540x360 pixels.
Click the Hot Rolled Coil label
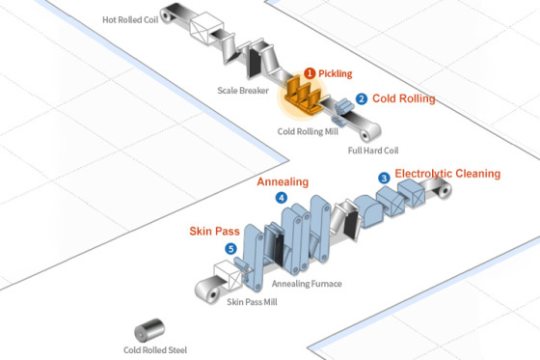click(x=130, y=20)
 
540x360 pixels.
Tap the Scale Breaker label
click(x=243, y=91)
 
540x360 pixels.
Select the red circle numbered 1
click(x=310, y=73)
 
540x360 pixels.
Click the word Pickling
click(x=336, y=73)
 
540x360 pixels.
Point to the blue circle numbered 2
click(x=362, y=99)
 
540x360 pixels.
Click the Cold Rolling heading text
click(x=404, y=98)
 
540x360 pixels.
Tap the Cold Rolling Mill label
click(x=308, y=131)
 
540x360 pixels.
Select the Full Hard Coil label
click(x=373, y=151)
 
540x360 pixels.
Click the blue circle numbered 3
click(x=384, y=178)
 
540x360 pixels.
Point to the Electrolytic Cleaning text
click(x=447, y=174)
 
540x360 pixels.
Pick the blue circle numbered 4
click(x=282, y=198)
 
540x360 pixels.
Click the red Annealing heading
click(x=283, y=182)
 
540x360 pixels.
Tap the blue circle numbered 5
click(x=230, y=249)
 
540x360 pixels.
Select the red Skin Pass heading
click(x=214, y=231)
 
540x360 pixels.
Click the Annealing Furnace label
click(x=307, y=284)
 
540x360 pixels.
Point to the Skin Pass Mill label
click(x=252, y=302)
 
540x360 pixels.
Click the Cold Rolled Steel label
click(x=155, y=350)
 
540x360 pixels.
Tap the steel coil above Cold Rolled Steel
click(x=148, y=330)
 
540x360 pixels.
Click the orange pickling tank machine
click(x=304, y=96)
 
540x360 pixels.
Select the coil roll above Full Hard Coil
click(x=369, y=132)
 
